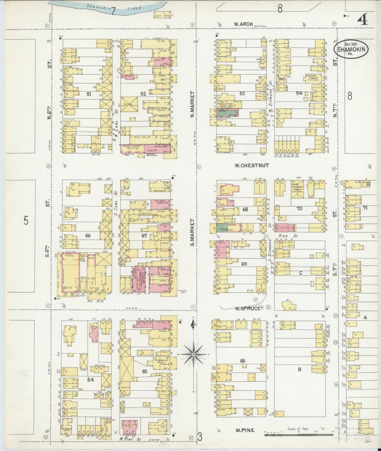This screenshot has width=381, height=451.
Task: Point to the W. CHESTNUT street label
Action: click(252, 166)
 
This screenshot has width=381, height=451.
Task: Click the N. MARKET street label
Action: click(193, 104)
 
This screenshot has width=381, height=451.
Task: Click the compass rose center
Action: click(194, 355)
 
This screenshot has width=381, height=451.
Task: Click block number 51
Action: click(89, 94)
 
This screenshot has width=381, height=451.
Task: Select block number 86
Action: click(243, 361)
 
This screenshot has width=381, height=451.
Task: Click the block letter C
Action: click(300, 273)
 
